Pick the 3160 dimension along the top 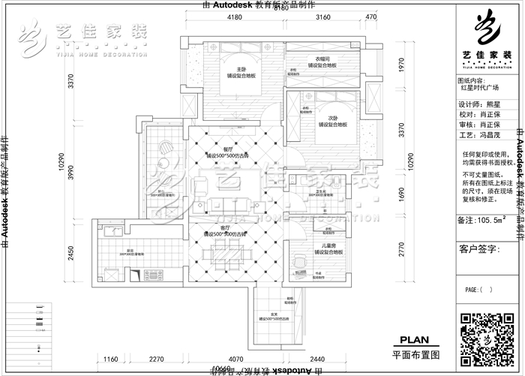(323, 16)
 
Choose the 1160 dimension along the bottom (112, 359)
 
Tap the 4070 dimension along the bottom (235, 359)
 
